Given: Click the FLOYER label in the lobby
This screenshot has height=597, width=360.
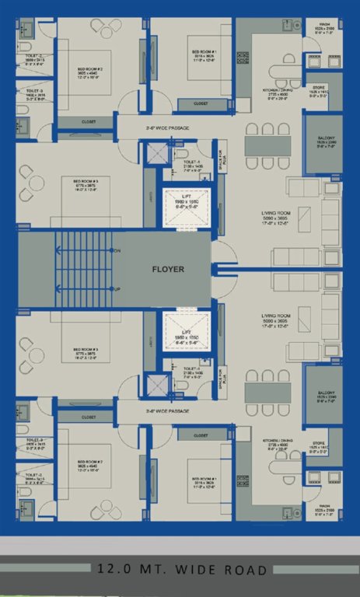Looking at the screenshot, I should [167, 271].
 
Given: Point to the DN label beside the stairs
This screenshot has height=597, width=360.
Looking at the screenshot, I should [117, 251].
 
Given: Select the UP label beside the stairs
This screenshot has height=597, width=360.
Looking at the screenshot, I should [117, 289].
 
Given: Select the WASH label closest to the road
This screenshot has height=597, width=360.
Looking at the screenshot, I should [324, 511].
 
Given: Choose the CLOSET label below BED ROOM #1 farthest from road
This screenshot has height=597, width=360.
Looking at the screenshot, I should [201, 103].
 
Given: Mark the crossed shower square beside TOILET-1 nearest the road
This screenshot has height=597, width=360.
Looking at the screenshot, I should [159, 384].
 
